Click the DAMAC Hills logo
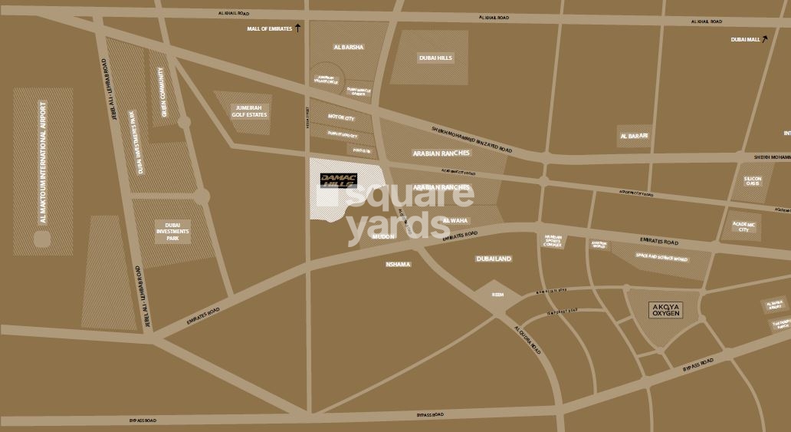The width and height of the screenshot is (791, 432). click(338, 180)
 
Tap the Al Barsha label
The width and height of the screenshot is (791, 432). click(349, 48)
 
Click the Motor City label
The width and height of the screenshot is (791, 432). click(341, 118)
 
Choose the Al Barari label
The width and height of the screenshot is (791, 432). click(634, 136)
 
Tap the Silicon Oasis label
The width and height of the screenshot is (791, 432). click(753, 182)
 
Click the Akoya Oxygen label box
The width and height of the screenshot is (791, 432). click(665, 311)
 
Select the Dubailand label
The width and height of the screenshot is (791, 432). click(493, 259)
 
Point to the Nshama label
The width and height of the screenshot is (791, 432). click(399, 265)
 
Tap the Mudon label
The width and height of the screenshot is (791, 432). click(382, 237)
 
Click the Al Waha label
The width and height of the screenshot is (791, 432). click(455, 220)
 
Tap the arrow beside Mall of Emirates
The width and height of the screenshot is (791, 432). click(298, 28)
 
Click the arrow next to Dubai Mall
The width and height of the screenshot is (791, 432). click(765, 38)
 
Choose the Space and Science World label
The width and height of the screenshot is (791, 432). click(661, 259)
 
